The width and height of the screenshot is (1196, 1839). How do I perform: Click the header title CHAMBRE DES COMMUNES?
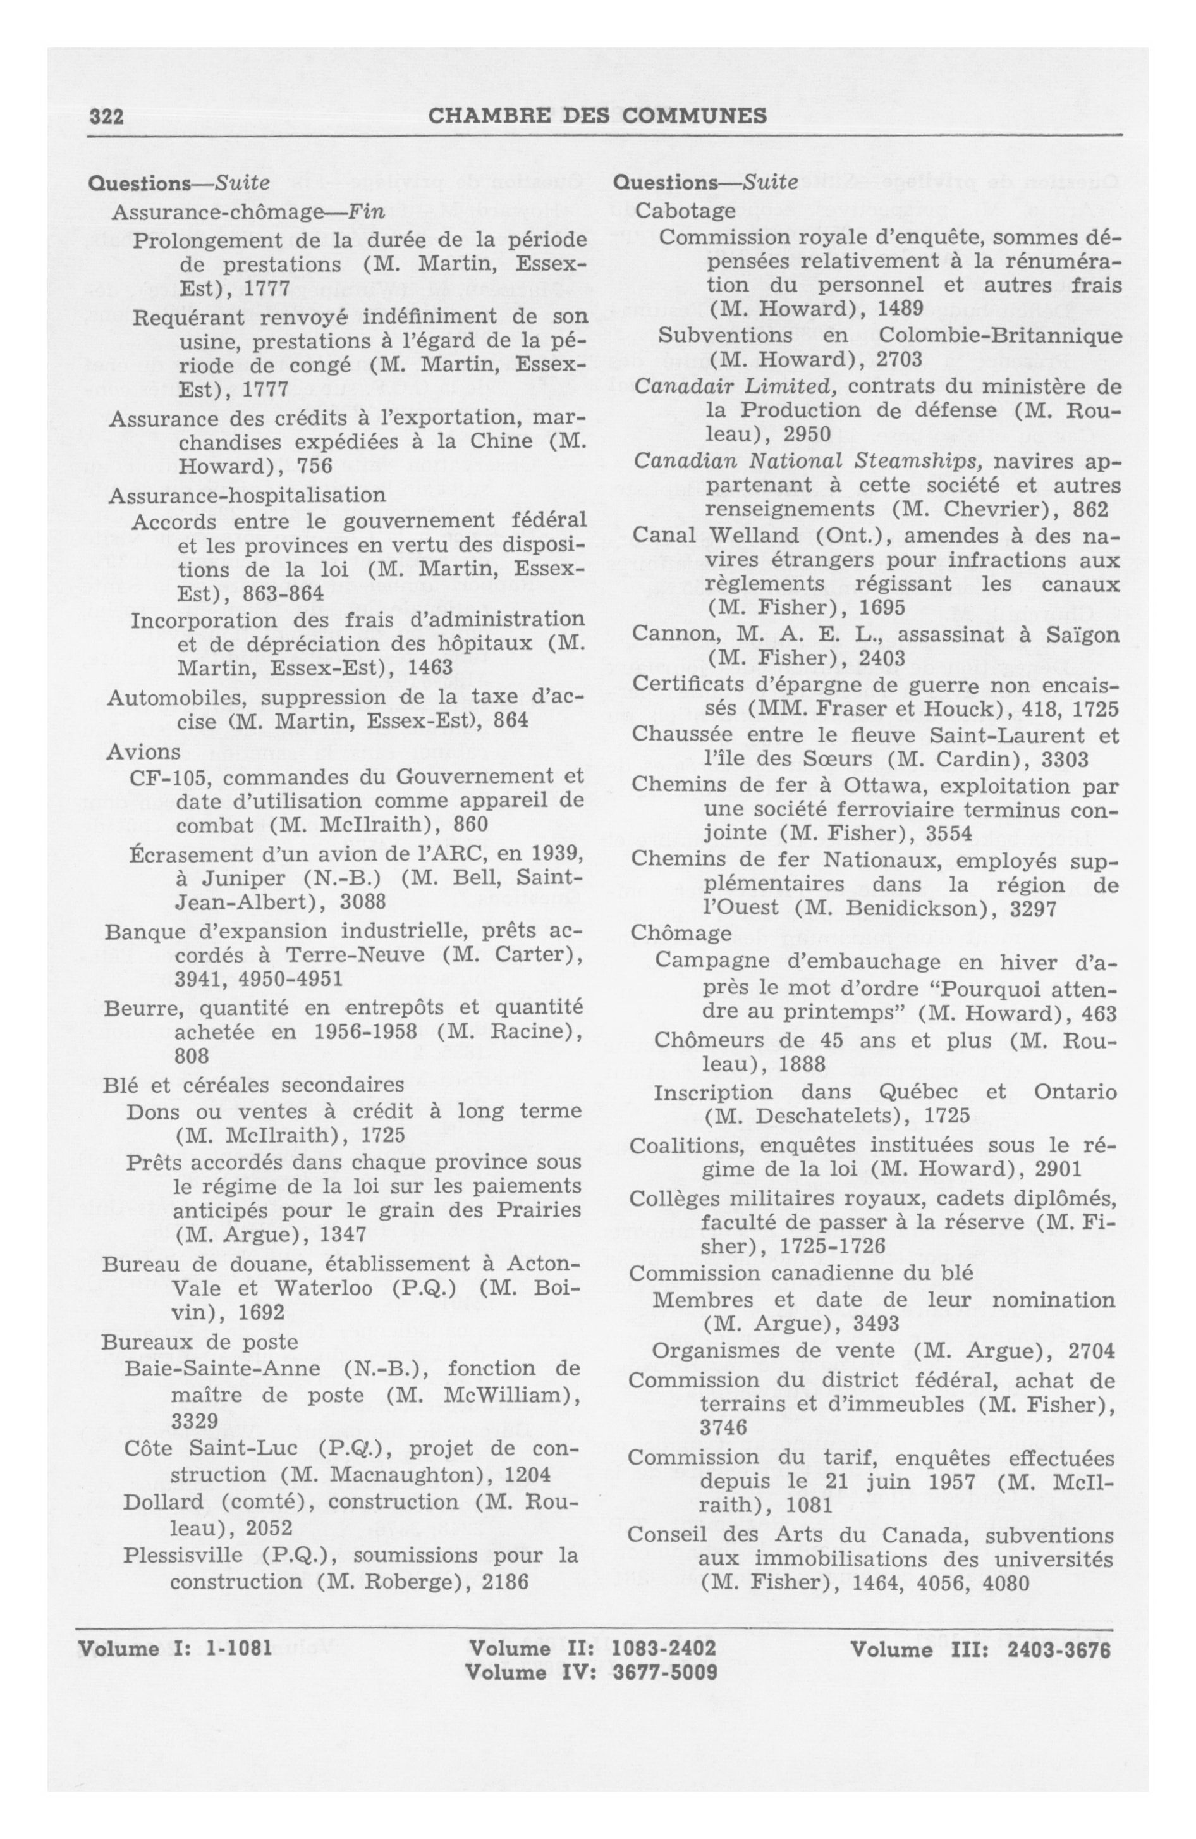click(x=597, y=116)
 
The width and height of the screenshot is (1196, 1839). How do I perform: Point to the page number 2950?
click(x=807, y=434)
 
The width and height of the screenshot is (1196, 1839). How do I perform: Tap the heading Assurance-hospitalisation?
click(x=247, y=494)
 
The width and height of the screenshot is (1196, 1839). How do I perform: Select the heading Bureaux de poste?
click(x=199, y=1341)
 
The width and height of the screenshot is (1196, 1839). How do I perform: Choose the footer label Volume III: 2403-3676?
click(x=980, y=1650)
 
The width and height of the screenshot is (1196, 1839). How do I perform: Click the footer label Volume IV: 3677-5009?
click(x=592, y=1673)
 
